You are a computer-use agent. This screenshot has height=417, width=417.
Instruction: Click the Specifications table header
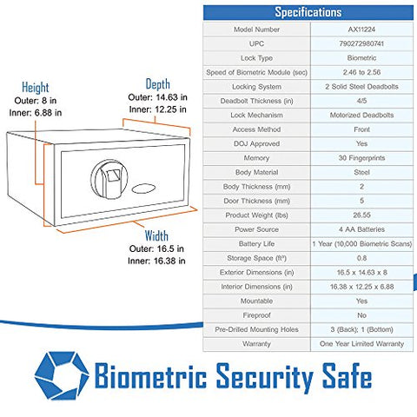(x=308, y=12)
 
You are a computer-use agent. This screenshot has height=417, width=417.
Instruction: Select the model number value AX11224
(x=361, y=30)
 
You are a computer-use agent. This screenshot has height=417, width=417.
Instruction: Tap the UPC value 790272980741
(x=361, y=43)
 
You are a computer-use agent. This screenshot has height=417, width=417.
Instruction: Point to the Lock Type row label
(x=256, y=58)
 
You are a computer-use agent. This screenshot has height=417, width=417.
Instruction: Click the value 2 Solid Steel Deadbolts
(x=361, y=87)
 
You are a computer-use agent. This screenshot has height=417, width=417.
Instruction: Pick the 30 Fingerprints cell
(x=361, y=158)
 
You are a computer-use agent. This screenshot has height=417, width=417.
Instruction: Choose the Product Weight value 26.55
(x=361, y=215)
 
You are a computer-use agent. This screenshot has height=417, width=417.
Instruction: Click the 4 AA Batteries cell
(x=361, y=229)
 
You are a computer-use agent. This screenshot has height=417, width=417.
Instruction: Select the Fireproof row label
(x=256, y=315)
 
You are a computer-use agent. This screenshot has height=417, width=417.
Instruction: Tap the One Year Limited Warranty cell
(x=361, y=344)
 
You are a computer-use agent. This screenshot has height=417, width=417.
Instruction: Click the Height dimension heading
(x=36, y=88)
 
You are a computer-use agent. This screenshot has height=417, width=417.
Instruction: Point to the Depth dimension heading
(x=157, y=84)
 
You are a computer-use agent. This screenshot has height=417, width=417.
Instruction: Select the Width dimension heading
(x=156, y=235)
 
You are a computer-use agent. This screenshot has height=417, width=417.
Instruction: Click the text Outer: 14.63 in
(x=157, y=97)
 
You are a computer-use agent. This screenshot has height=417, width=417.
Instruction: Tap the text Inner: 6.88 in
(x=36, y=113)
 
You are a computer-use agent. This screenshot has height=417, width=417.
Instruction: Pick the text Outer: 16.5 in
(x=156, y=248)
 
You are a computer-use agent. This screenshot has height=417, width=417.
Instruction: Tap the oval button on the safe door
(x=143, y=189)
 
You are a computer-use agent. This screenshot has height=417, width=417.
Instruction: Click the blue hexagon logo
(x=62, y=375)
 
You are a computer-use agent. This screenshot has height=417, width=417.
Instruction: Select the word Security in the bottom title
(x=265, y=376)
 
